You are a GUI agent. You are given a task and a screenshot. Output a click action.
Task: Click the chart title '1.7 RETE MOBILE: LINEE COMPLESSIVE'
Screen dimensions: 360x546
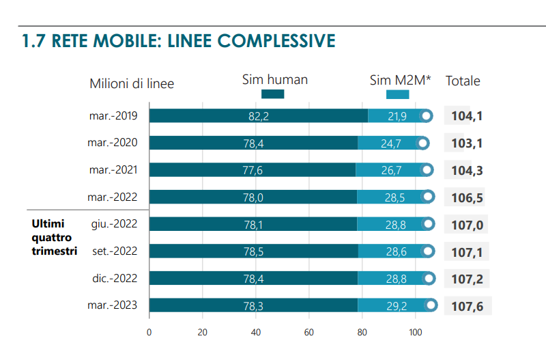point(179,41)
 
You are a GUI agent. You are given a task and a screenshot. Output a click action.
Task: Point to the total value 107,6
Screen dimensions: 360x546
point(467,306)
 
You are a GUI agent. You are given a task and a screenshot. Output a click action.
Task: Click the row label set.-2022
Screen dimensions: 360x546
point(115,251)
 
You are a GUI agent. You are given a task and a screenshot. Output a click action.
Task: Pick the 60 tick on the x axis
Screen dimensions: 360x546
point(308,333)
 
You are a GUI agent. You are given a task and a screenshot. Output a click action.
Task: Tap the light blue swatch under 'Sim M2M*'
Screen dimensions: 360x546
point(397,94)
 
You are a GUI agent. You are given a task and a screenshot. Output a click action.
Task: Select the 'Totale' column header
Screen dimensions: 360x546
point(463,81)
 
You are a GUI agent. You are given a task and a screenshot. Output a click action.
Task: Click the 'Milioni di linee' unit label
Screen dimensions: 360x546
point(132,84)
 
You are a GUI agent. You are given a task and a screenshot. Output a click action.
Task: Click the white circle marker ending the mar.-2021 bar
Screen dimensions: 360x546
point(427,170)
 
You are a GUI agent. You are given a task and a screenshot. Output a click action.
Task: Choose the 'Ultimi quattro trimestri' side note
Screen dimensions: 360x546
point(54,237)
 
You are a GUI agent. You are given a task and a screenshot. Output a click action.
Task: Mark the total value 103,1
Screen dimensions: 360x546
point(467,143)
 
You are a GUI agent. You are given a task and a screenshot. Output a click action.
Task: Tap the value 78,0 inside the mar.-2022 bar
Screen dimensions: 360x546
point(254,197)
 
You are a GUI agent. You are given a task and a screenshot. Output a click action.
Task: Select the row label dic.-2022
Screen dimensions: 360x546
point(115,279)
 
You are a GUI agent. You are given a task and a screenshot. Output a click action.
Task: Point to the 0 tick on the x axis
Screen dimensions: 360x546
point(149,333)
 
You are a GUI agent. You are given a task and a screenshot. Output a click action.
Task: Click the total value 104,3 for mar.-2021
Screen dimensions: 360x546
point(467,171)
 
